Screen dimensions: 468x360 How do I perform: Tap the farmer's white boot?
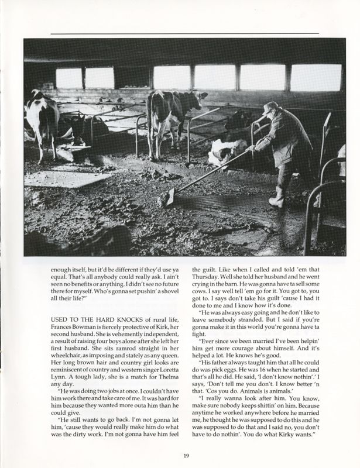pos(276,197)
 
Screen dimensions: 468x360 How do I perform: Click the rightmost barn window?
pos(316,78)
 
